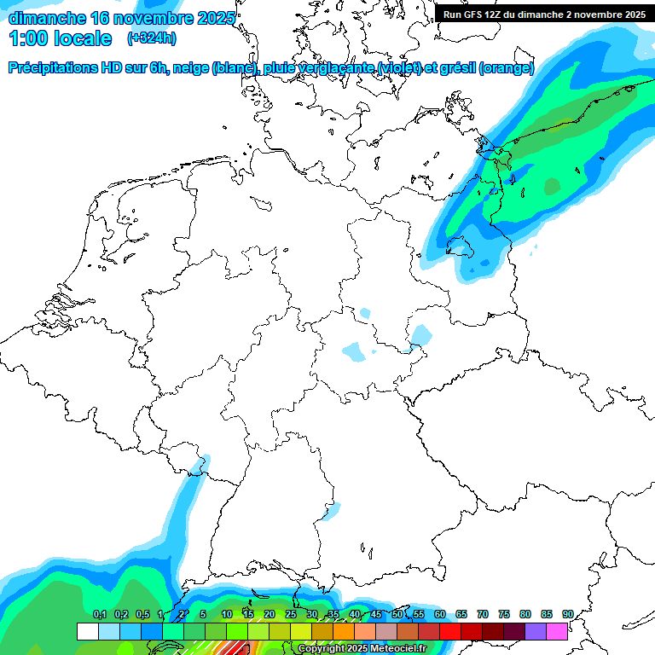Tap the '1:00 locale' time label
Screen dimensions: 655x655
tap(60, 38)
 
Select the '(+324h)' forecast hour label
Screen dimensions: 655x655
tap(152, 38)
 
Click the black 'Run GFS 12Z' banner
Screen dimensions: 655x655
tap(543, 14)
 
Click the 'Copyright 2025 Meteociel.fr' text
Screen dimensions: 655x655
tap(362, 649)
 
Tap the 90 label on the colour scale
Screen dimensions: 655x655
tap(567, 614)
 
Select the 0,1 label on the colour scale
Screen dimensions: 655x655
tap(100, 614)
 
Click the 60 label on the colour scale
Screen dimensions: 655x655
tap(439, 614)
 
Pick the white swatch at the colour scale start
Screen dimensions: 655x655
tap(87, 631)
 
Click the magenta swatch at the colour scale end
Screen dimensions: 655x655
tap(557, 631)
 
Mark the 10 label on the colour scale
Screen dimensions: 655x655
tap(227, 614)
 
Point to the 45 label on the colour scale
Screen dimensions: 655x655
tap(376, 614)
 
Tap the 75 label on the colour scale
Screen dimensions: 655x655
tap(503, 614)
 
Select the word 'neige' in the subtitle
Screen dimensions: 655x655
tap(191, 68)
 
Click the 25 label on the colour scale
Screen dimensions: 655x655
tap(291, 614)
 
